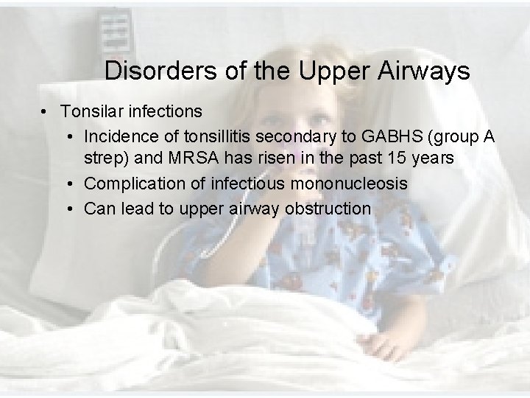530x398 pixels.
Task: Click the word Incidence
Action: tap(119, 136)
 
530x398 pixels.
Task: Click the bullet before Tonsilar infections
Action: tap(46, 112)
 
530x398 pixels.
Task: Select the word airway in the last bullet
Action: tap(255, 209)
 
